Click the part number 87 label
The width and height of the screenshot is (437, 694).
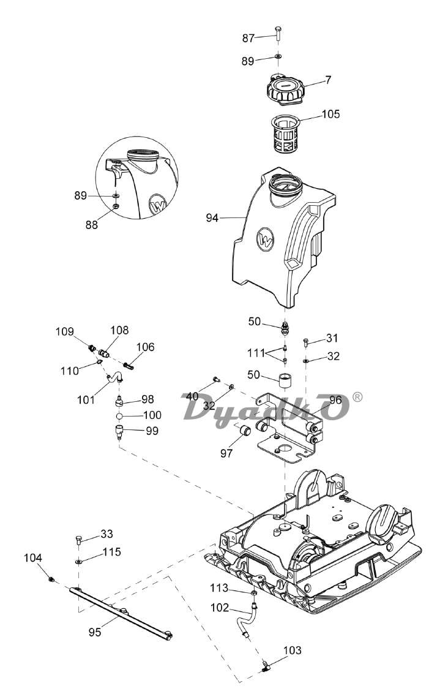point(248,39)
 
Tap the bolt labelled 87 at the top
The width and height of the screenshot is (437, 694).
point(278,32)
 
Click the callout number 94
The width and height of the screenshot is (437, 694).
point(212,218)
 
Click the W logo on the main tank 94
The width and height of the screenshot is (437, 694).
point(266,240)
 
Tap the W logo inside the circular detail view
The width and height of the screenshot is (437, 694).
point(158,205)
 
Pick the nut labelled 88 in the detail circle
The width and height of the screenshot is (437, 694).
point(116,206)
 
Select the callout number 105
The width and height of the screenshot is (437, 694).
point(331,114)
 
